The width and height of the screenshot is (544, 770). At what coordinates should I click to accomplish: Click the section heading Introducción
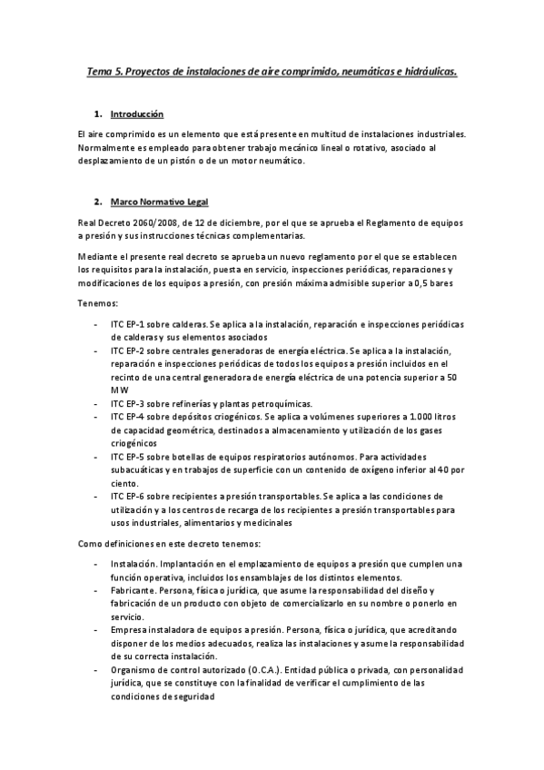[x=136, y=115]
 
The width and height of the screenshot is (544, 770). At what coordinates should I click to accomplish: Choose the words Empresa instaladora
[x=153, y=629]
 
